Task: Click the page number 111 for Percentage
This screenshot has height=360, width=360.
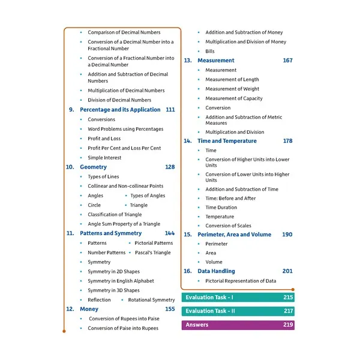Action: (x=170, y=110)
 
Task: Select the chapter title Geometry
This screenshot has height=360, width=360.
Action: (x=93, y=167)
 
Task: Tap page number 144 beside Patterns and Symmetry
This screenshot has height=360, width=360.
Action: (x=170, y=233)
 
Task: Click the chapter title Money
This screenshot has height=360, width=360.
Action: (x=89, y=309)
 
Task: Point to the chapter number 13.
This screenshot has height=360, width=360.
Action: (x=187, y=61)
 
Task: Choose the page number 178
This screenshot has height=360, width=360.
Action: (x=287, y=141)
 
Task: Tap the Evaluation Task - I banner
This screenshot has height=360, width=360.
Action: (x=238, y=298)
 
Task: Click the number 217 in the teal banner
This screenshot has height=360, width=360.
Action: (x=288, y=311)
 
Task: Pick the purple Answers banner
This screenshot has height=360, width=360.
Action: (x=238, y=325)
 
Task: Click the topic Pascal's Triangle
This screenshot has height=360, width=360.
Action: (x=152, y=253)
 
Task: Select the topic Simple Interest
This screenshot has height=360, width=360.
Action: (x=104, y=158)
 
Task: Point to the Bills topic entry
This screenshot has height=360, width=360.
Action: (x=210, y=52)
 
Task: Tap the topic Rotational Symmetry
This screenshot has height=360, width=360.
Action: (x=151, y=300)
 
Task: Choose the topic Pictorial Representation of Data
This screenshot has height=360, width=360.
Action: (x=241, y=281)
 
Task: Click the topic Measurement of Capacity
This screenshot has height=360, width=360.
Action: (x=234, y=98)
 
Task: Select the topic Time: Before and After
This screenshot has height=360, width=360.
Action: (x=230, y=199)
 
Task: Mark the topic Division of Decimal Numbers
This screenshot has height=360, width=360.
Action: (x=119, y=100)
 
